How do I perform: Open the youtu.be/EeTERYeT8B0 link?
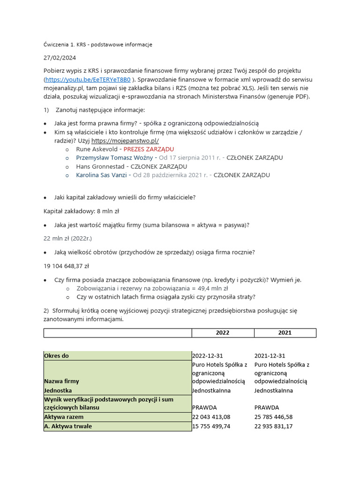(x=88, y=79)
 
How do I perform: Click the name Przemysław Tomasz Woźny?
(x=114, y=158)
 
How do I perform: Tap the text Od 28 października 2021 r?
(x=171, y=175)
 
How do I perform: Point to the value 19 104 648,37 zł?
(x=66, y=266)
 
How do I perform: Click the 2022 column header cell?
(x=223, y=333)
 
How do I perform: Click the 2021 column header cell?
(x=285, y=333)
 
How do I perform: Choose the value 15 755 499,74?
(x=211, y=427)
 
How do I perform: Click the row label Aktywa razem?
(x=64, y=417)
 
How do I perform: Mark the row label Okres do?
(x=57, y=356)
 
